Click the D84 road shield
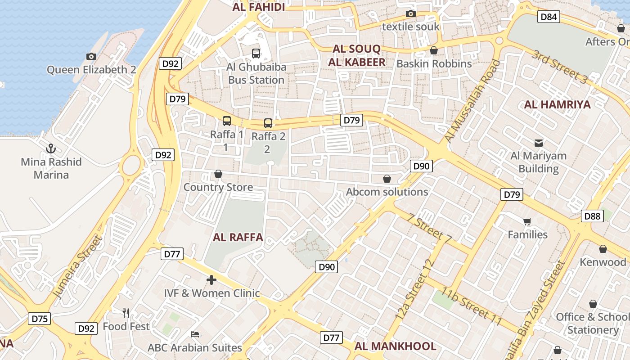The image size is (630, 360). point(549,17)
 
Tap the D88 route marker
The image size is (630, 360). point(592,216)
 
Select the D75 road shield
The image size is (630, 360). point(40,319)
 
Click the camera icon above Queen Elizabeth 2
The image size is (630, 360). point(91,56)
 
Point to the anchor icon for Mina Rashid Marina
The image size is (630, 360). point(51,148)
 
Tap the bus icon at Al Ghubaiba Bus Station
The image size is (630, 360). point(256,54)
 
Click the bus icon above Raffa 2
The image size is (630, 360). point(268,123)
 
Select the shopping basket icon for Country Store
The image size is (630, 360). point(218,174)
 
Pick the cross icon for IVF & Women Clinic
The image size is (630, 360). point(211,280)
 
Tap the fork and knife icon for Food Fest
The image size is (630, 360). point(126,313)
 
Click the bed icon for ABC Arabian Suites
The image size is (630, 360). point(195,334)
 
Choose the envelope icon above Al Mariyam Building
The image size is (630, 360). point(538,143)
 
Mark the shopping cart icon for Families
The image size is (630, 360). point(527,221)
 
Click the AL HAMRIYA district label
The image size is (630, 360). point(557,105)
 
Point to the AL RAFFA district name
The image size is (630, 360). point(238,238)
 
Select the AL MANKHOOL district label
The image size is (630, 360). point(395,346)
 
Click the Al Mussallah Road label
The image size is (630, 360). point(472,101)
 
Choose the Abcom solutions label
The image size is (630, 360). point(387,192)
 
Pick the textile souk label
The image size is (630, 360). point(410,27)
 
